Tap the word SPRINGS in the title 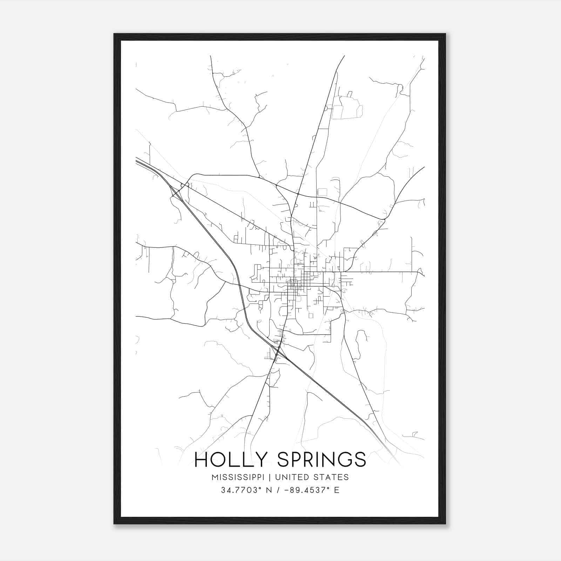click(322, 460)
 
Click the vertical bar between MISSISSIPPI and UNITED click(271, 477)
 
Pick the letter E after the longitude click(337, 490)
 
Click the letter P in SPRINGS click(295, 460)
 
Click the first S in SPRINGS click(283, 460)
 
